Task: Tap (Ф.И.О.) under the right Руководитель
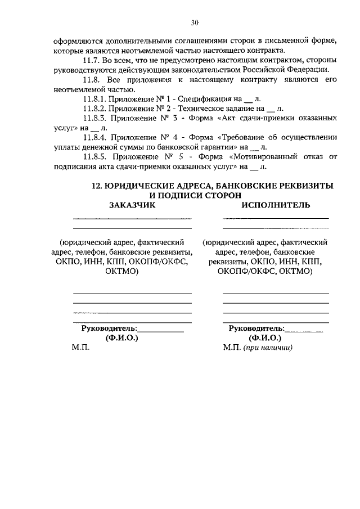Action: pos(265,338)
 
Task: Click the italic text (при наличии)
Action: pos(267,348)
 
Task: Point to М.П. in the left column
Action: pos(80,348)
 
